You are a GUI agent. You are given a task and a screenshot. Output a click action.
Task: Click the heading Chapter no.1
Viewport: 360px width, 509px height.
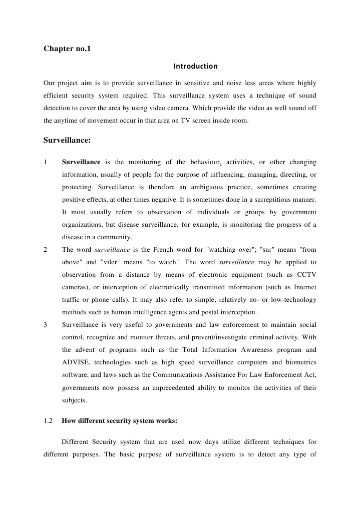click(67, 49)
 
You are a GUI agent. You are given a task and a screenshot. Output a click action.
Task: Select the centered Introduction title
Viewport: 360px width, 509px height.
click(195, 66)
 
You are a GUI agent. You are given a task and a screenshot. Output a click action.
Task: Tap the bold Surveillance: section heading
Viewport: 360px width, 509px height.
click(67, 140)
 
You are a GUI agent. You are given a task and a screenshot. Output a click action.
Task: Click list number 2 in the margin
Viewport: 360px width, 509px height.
click(46, 249)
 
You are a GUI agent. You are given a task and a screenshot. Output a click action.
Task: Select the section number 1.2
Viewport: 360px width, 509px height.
click(48, 421)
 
